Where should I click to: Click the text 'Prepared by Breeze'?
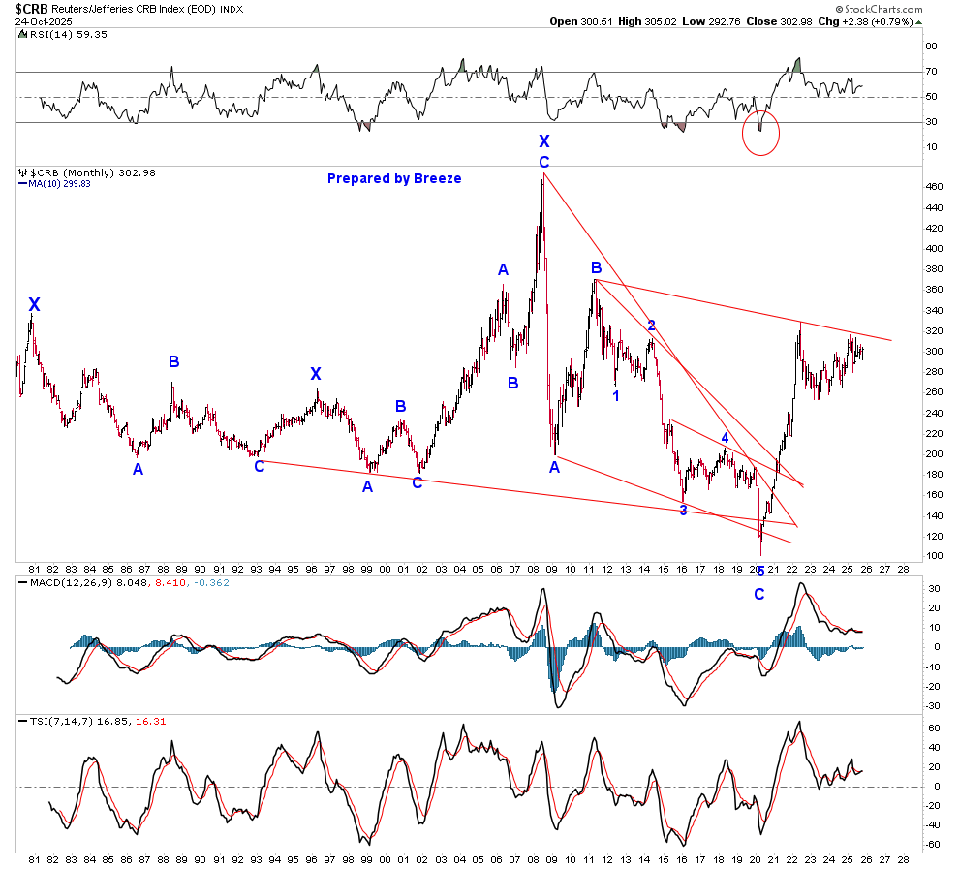(x=394, y=178)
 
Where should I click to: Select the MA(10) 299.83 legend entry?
(x=59, y=183)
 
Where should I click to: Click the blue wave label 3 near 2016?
(x=683, y=511)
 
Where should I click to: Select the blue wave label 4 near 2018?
(x=724, y=439)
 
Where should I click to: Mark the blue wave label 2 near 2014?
(x=652, y=326)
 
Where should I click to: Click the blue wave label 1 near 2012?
(x=616, y=395)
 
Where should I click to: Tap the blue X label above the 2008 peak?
(x=544, y=141)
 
